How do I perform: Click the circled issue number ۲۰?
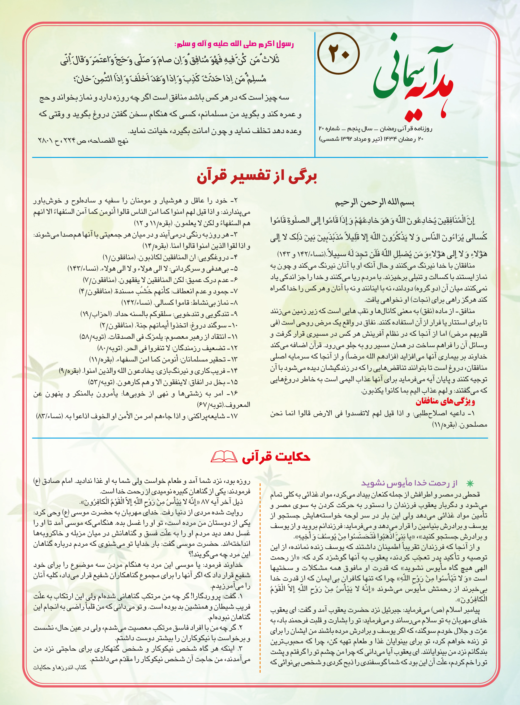(339, 53)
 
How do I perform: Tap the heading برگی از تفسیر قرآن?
(257, 177)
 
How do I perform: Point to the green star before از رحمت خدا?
(470, 483)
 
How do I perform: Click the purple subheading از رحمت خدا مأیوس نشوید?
(409, 483)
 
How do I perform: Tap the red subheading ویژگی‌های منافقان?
(445, 402)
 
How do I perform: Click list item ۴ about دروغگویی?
(170, 257)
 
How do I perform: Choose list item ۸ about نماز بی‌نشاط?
(179, 303)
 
